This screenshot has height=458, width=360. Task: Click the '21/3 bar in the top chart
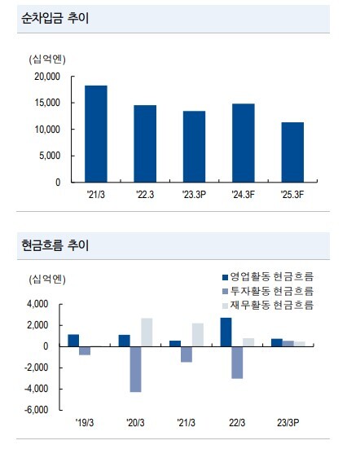(x=96, y=134)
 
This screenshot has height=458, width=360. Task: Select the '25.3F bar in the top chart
(x=292, y=152)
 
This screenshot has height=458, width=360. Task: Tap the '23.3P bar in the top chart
(x=194, y=147)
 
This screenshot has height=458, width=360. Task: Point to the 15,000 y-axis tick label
(x=47, y=103)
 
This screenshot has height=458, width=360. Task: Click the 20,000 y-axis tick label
(x=47, y=77)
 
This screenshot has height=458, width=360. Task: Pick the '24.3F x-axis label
(x=244, y=194)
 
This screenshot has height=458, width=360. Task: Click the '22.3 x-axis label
(x=145, y=194)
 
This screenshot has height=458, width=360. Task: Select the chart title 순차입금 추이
(x=55, y=18)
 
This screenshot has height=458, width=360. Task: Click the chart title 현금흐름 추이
(x=55, y=244)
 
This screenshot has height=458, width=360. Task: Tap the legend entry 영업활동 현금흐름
(x=268, y=276)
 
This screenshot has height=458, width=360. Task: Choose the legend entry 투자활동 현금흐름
(x=268, y=291)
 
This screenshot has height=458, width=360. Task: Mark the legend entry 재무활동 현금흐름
(x=268, y=306)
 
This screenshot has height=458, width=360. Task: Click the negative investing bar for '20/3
(x=135, y=369)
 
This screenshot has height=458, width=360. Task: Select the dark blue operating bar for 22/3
(x=226, y=332)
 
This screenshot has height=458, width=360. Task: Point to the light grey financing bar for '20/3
(x=147, y=332)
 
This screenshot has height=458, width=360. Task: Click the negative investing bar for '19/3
(x=85, y=350)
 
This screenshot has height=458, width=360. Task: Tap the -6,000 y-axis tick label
(x=37, y=410)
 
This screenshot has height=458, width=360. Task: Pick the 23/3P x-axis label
(x=288, y=423)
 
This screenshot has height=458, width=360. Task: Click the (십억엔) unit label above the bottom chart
(x=47, y=280)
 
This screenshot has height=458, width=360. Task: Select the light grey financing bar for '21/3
(x=198, y=335)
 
